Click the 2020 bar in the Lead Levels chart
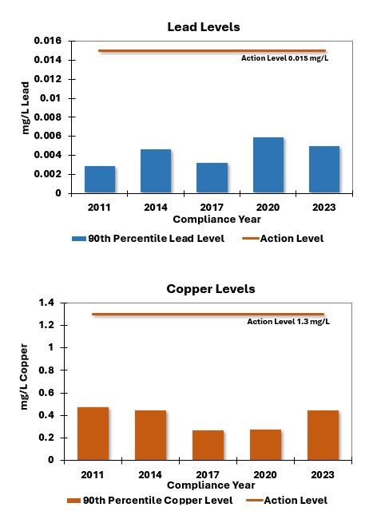click(x=268, y=165)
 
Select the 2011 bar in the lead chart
click(x=100, y=180)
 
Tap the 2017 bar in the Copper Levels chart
click(x=208, y=445)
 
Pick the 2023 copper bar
click(x=323, y=435)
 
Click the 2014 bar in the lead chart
click(x=156, y=171)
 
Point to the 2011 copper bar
click(x=93, y=434)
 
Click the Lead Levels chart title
click(x=203, y=27)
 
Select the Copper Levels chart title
click(x=211, y=289)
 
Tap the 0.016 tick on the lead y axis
click(x=47, y=41)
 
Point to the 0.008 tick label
click(x=47, y=117)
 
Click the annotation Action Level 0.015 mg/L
click(x=284, y=58)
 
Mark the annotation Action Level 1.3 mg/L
click(x=288, y=322)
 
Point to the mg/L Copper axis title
click(x=26, y=377)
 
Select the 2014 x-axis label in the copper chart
click(x=150, y=474)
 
